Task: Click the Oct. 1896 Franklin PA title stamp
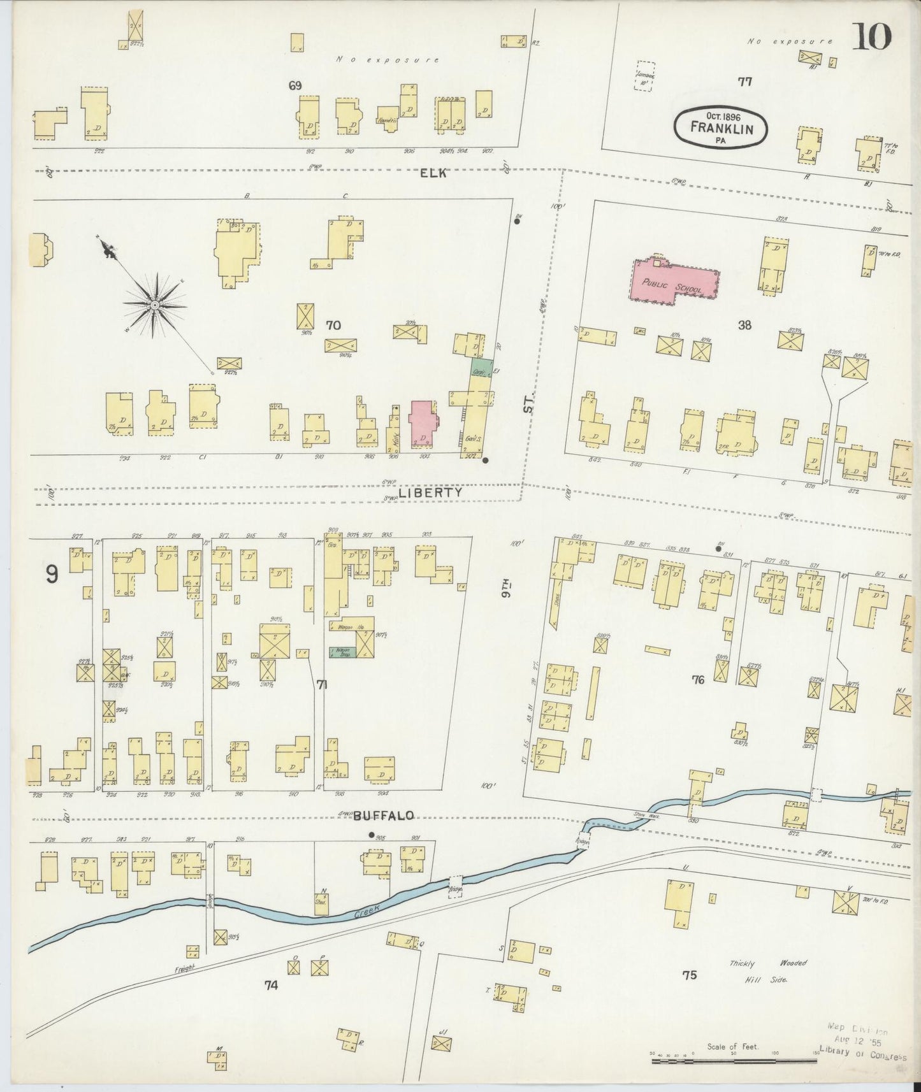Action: click(x=721, y=127)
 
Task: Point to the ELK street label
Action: click(x=435, y=173)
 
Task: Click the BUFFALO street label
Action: click(x=384, y=815)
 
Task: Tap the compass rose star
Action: click(x=154, y=306)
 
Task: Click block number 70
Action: click(x=333, y=326)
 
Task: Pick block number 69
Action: click(x=295, y=85)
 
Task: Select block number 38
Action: click(x=744, y=326)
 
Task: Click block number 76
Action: click(x=698, y=680)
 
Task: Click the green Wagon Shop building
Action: click(x=342, y=652)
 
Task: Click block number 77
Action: click(x=744, y=82)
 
